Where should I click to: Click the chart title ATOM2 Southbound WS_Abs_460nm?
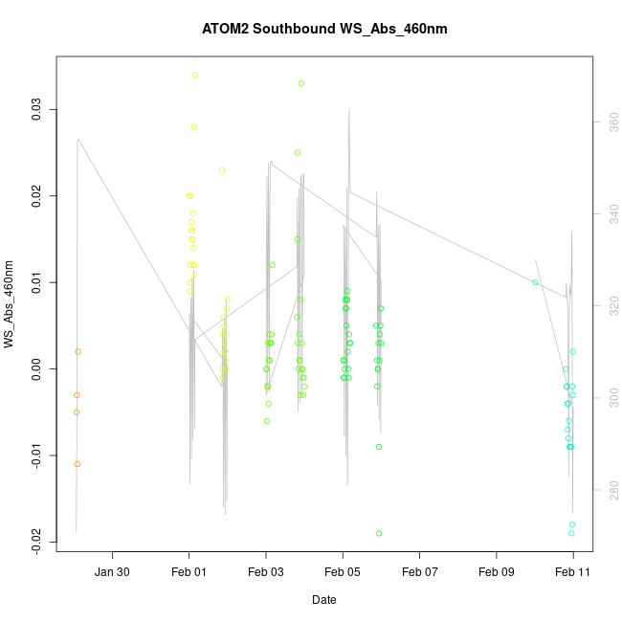[324, 29]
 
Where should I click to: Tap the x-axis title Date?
[323, 600]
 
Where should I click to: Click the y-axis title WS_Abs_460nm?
[11, 304]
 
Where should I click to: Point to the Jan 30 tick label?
[112, 573]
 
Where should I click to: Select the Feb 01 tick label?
[189, 573]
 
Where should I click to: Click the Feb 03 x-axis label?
[266, 573]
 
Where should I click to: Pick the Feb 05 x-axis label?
[343, 573]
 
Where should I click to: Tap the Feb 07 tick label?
[419, 573]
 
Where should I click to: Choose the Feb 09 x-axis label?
[497, 573]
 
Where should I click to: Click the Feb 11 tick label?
[573, 573]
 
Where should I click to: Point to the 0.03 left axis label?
[37, 110]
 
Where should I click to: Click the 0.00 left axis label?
[37, 368]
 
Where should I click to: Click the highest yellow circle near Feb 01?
[195, 75]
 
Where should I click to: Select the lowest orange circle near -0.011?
[78, 464]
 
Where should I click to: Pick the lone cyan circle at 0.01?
[536, 282]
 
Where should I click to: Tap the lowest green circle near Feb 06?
[379, 533]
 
